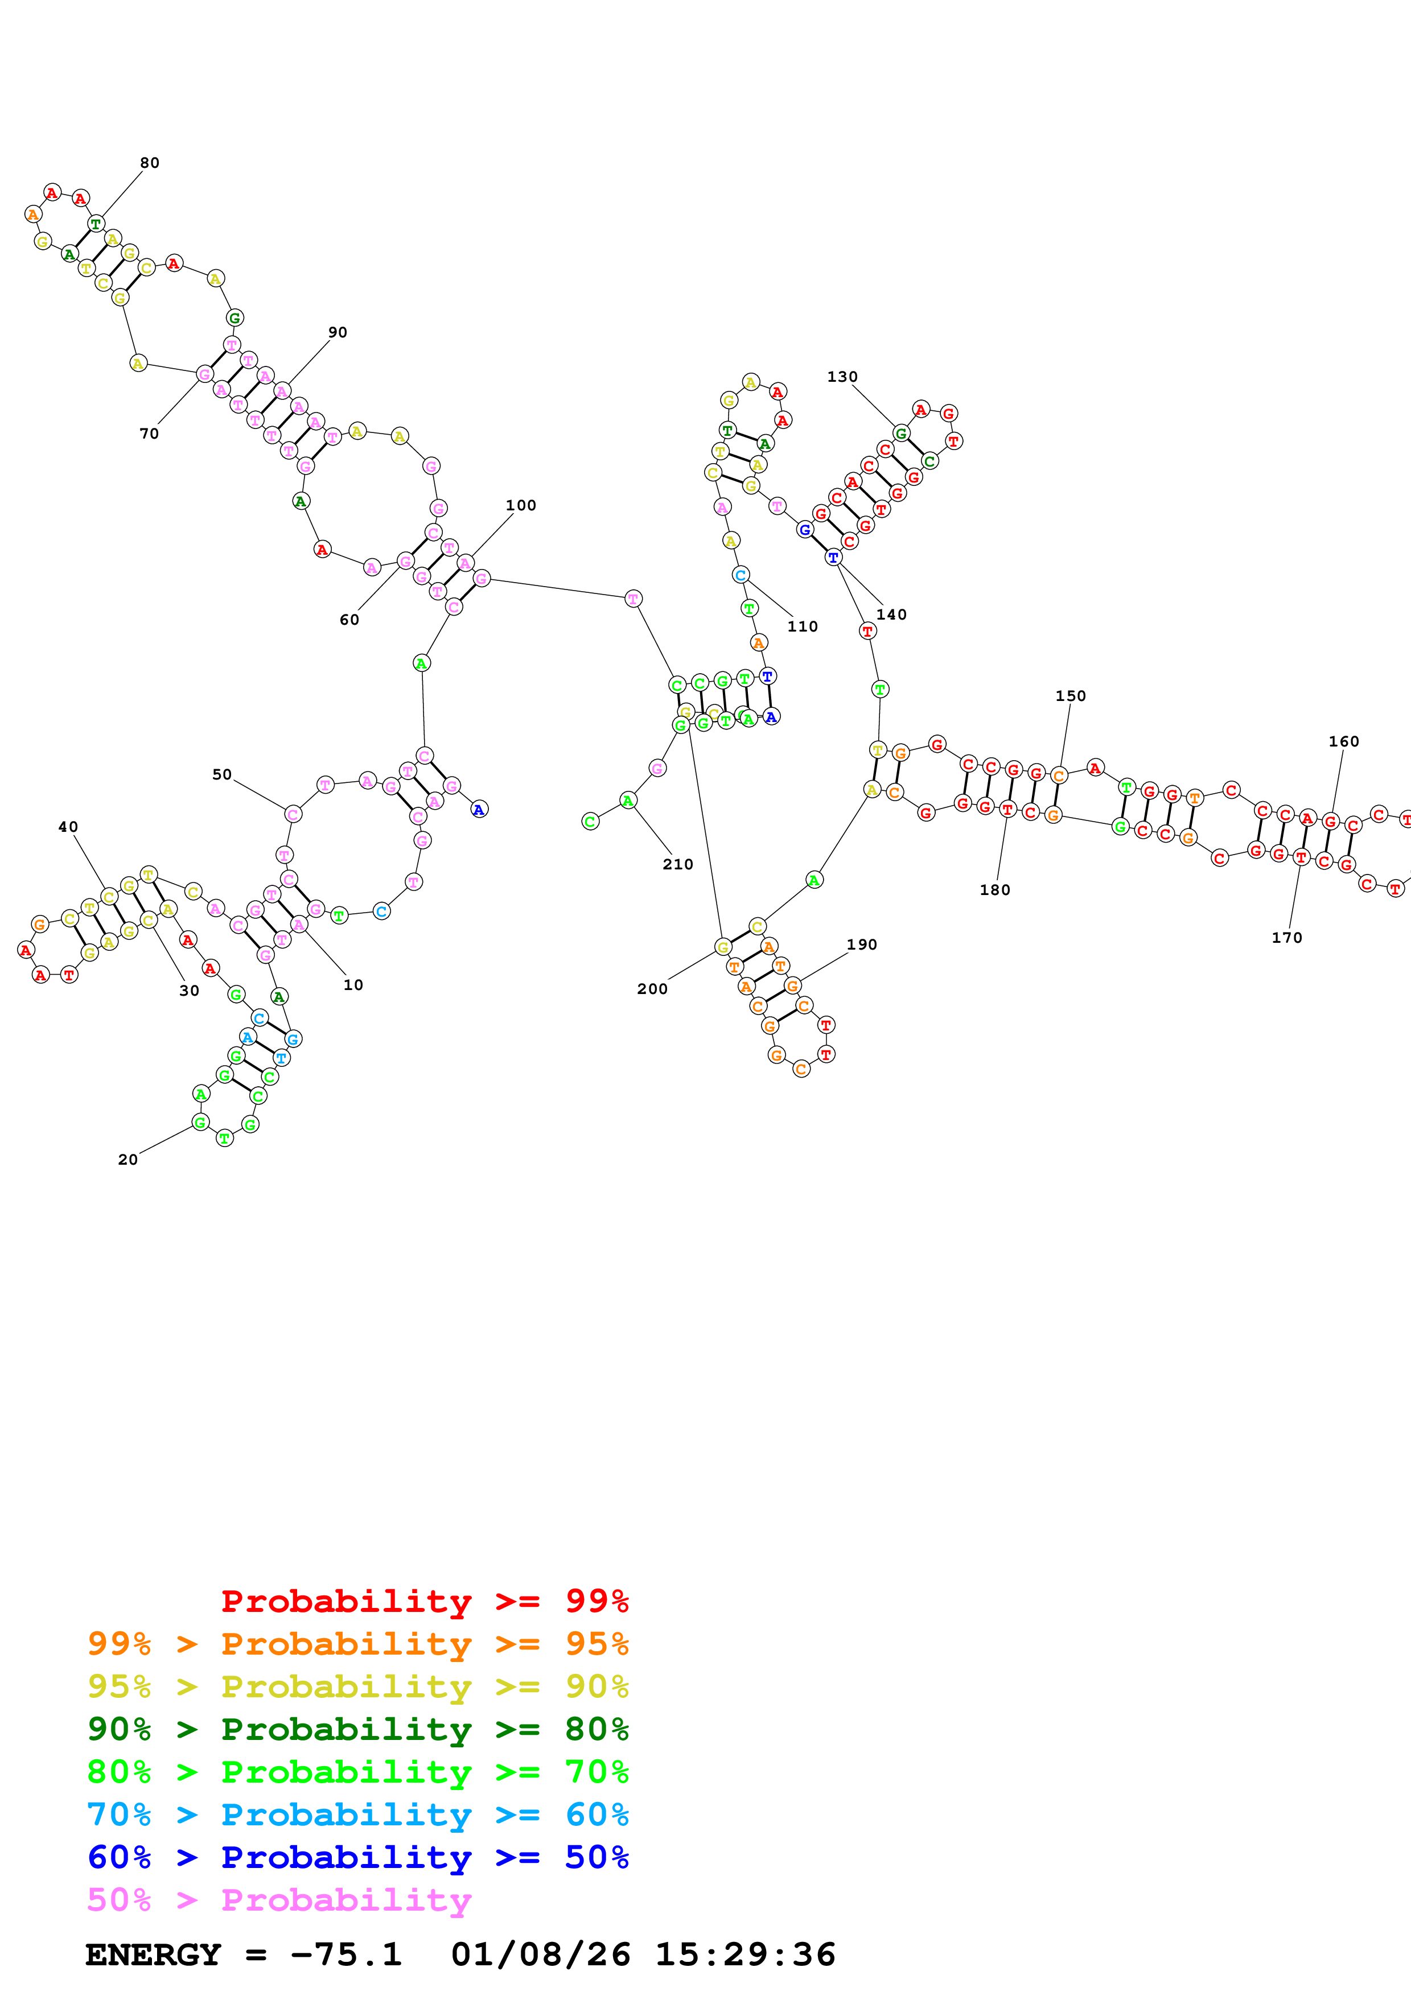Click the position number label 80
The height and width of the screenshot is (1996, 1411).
point(150,163)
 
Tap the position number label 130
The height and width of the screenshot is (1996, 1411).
point(842,377)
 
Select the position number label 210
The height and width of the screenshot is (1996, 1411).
point(677,864)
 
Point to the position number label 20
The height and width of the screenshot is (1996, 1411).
point(128,1159)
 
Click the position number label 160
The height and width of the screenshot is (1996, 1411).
point(1343,741)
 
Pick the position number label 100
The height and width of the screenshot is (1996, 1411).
point(521,505)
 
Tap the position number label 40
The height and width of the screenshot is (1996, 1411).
point(68,827)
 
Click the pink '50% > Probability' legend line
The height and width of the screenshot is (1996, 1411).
point(279,1899)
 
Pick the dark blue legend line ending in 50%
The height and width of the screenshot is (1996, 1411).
point(357,1857)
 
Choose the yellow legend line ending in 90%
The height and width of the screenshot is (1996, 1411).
point(357,1686)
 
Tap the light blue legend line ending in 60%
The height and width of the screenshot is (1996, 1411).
point(357,1814)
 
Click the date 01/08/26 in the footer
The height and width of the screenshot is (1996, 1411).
point(540,1954)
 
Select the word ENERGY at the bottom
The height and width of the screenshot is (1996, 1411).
point(153,1954)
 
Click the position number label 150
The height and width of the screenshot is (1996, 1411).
point(1070,695)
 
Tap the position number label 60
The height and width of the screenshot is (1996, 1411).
point(348,619)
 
